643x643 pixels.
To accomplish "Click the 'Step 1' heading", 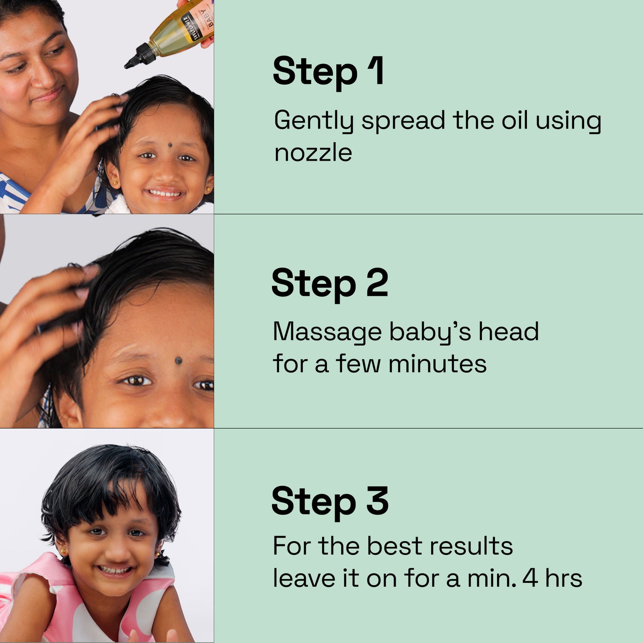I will [328, 71].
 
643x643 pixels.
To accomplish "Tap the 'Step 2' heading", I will [330, 283].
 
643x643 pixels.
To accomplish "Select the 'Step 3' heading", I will [330, 501].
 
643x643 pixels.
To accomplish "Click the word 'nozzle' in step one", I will [313, 153].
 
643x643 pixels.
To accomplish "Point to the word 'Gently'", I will [314, 121].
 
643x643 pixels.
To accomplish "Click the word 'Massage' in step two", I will [327, 332].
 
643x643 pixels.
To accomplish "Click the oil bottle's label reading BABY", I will [207, 18].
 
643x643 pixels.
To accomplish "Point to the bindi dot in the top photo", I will [170, 145].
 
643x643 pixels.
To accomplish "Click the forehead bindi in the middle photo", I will [178, 360].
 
